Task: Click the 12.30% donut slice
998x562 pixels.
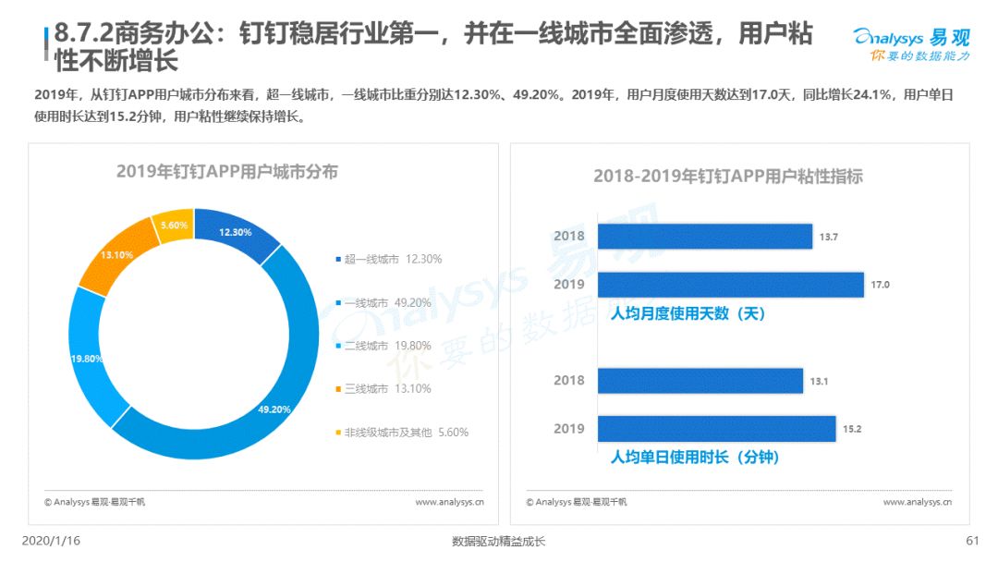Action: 237,233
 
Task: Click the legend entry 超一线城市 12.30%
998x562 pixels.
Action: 388,259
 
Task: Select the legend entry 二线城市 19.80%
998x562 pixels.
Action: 383,346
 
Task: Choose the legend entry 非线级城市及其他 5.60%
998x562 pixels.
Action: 402,433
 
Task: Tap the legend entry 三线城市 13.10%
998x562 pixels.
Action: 383,388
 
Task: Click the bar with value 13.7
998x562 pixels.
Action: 704,236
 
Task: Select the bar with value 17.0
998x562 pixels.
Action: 731,285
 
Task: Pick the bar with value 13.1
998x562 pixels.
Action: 700,381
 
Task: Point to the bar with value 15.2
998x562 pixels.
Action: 717,428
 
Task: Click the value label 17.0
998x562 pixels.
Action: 881,285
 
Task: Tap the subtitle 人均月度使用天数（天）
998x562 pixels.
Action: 688,313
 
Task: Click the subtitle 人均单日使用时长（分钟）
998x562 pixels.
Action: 694,457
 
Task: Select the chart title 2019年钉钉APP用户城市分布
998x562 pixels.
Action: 227,172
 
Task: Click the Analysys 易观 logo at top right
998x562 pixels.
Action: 911,44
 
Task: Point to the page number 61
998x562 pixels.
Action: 972,541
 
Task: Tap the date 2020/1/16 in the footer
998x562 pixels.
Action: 51,541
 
